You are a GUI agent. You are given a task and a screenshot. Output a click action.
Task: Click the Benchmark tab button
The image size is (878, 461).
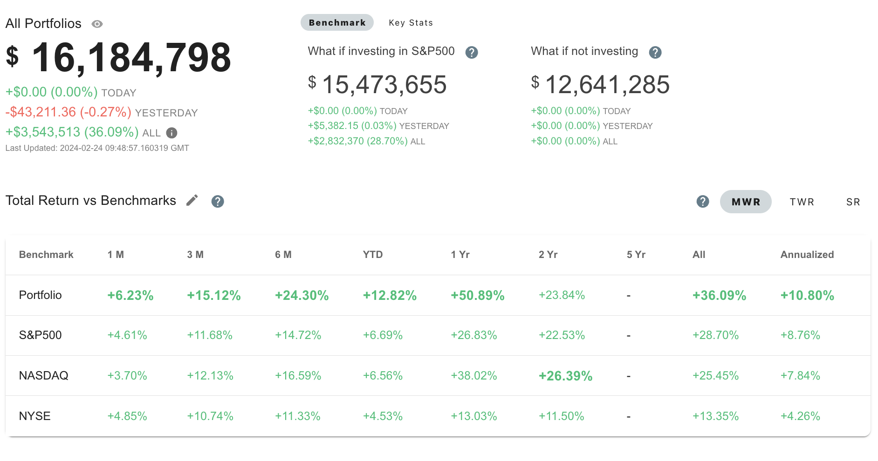(x=337, y=23)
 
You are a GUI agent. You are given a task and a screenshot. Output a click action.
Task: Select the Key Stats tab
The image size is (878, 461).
(x=411, y=23)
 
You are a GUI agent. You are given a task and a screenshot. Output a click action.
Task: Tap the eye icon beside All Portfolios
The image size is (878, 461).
(x=97, y=24)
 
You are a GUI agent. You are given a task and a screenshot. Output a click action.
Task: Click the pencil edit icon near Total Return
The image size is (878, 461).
(x=192, y=201)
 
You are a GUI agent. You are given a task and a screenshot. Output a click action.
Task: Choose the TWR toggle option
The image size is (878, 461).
(x=802, y=202)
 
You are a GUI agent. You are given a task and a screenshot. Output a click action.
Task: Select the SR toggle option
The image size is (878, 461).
(x=853, y=202)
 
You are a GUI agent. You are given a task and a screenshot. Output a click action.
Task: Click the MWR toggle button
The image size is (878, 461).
(x=746, y=202)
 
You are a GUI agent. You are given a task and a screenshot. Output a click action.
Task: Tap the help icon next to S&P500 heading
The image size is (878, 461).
(x=472, y=53)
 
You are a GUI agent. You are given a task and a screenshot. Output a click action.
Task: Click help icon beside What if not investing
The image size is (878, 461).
(x=655, y=53)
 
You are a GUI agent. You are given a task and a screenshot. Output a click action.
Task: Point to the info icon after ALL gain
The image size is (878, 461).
(x=171, y=133)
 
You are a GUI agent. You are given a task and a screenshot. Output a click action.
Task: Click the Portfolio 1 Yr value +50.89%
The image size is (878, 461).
(x=478, y=296)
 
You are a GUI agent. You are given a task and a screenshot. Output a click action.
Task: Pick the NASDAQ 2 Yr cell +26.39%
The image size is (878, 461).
(x=565, y=376)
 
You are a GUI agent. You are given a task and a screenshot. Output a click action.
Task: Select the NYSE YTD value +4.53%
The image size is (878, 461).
(x=383, y=416)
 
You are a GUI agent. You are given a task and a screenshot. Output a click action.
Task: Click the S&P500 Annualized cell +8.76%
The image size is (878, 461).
(x=800, y=335)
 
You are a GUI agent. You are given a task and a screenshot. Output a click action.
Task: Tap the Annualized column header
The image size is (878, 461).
(x=807, y=255)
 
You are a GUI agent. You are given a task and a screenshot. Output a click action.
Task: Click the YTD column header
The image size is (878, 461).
(x=373, y=255)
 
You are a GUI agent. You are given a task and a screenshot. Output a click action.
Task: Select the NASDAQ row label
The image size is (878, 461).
(x=44, y=376)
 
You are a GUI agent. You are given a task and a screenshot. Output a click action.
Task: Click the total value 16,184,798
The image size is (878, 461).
(x=130, y=58)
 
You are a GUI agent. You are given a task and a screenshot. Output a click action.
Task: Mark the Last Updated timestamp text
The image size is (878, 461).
(x=97, y=148)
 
